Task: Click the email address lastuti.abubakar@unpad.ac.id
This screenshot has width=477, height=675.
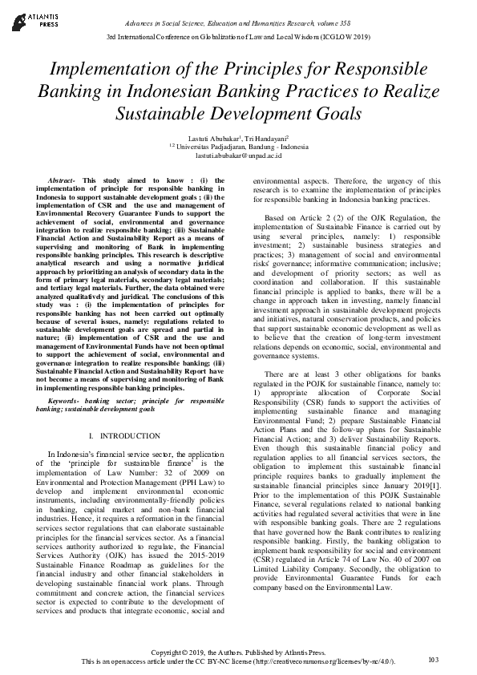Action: (238, 157)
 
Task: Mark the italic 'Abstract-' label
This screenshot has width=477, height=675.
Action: (63, 182)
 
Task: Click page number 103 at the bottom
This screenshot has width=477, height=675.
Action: (434, 660)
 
